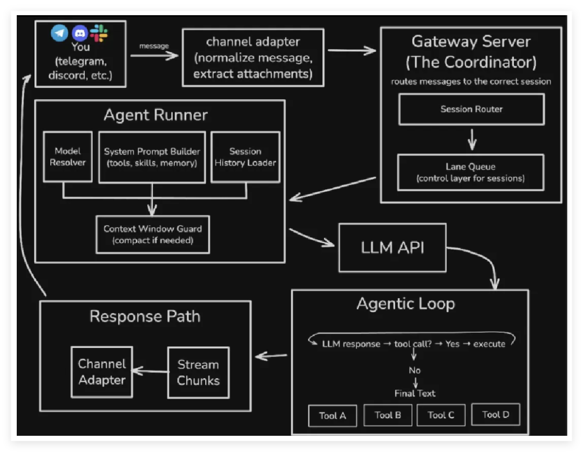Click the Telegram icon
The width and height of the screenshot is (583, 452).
[59, 33]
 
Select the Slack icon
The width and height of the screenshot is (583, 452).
[99, 33]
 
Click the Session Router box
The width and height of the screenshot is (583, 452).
[471, 109]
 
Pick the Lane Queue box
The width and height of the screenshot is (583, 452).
[470, 173]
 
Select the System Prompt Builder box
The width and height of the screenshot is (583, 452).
[152, 157]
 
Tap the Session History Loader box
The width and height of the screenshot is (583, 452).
[245, 157]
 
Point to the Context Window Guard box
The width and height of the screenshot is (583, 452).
[152, 234]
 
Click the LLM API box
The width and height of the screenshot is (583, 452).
[392, 248]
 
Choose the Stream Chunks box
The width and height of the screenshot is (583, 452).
[198, 372]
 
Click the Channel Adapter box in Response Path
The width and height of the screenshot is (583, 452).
[102, 372]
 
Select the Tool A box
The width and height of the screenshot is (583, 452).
[332, 415]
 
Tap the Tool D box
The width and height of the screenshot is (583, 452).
[495, 414]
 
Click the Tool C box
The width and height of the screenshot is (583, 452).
[440, 415]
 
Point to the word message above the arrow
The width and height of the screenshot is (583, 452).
[154, 46]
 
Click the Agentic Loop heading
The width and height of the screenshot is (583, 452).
[405, 304]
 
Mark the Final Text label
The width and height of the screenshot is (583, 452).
[415, 393]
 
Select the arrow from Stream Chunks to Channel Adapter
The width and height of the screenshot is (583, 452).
[150, 371]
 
